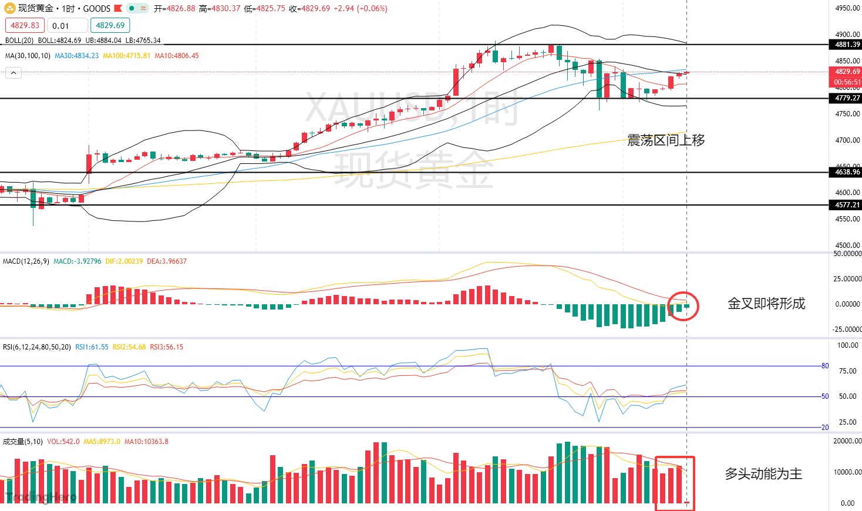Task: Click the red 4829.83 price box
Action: [x=25, y=25]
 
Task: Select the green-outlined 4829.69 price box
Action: [x=110, y=25]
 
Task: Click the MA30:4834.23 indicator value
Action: [x=76, y=56]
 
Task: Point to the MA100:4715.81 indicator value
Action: [x=126, y=56]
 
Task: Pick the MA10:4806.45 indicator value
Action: [x=176, y=56]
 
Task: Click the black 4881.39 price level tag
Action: [x=847, y=45]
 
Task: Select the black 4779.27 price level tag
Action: [x=847, y=98]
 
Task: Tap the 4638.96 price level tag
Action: [x=847, y=172]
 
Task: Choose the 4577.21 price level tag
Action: [x=847, y=205]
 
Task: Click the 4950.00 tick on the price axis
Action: [x=847, y=8]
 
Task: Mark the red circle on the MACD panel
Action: [x=683, y=306]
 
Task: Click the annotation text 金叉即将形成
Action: [x=766, y=304]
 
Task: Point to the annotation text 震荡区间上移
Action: [x=666, y=140]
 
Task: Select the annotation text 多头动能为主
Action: [x=763, y=473]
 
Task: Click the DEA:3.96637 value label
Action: [x=167, y=261]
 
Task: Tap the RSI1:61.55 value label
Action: [x=92, y=347]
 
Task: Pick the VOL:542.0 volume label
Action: [x=63, y=442]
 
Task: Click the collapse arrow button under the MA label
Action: [x=14, y=73]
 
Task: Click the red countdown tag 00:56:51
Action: [x=847, y=82]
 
